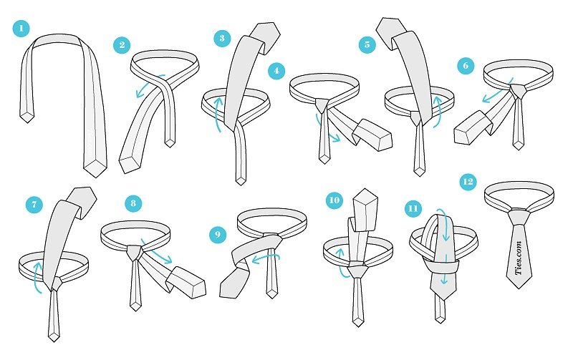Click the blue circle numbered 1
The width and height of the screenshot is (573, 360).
pyautogui.click(x=21, y=28)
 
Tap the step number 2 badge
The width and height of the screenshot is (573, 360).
pyautogui.click(x=122, y=44)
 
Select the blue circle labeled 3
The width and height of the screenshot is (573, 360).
pyautogui.click(x=222, y=38)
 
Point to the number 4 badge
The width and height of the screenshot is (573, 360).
pyautogui.click(x=276, y=70)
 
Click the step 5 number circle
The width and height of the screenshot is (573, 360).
pyautogui.click(x=367, y=44)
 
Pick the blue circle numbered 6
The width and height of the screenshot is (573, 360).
pyautogui.click(x=466, y=65)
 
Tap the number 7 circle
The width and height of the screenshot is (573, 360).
pyautogui.click(x=34, y=204)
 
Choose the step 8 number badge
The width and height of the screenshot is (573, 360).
pyautogui.click(x=133, y=203)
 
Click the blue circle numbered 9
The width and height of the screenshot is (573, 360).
pyautogui.click(x=218, y=234)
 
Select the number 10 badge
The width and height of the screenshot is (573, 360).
pyautogui.click(x=334, y=200)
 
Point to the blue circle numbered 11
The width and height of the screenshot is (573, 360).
pyautogui.click(x=413, y=208)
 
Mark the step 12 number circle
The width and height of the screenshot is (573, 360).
pyautogui.click(x=468, y=182)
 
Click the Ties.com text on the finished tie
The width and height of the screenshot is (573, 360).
pyautogui.click(x=519, y=258)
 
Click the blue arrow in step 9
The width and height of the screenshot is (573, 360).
pyautogui.click(x=265, y=258)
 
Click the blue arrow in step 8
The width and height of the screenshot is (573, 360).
pyautogui.click(x=155, y=251)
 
